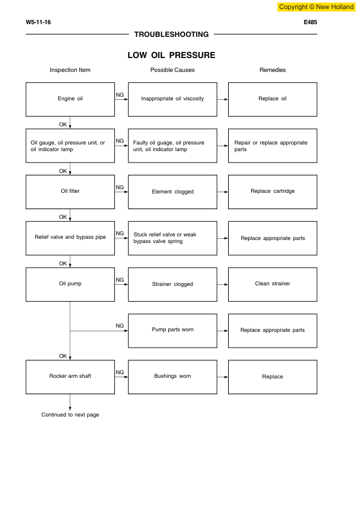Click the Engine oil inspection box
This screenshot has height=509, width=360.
[70, 99]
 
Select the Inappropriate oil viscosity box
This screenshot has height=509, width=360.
[172, 99]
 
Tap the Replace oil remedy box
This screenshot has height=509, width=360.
[272, 99]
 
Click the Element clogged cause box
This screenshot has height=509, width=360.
[172, 192]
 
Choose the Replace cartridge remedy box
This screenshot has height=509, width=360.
[272, 192]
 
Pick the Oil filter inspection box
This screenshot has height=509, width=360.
[70, 192]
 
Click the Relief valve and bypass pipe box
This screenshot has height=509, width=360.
[70, 238]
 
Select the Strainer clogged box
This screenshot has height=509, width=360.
[172, 284]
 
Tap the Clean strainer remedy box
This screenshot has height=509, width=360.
[272, 284]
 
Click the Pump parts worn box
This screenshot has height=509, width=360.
[172, 331]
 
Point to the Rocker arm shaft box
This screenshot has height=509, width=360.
[70, 377]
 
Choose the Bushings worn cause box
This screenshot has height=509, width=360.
[172, 377]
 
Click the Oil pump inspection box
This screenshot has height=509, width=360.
[70, 284]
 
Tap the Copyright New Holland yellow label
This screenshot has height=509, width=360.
[316, 7]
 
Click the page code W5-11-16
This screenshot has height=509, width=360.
[38, 22]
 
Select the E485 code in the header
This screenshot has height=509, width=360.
[310, 22]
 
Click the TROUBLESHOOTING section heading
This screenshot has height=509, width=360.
[171, 34]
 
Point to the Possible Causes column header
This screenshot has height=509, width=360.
[172, 70]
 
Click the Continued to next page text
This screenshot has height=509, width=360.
[70, 415]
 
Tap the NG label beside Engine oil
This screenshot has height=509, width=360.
[120, 94]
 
